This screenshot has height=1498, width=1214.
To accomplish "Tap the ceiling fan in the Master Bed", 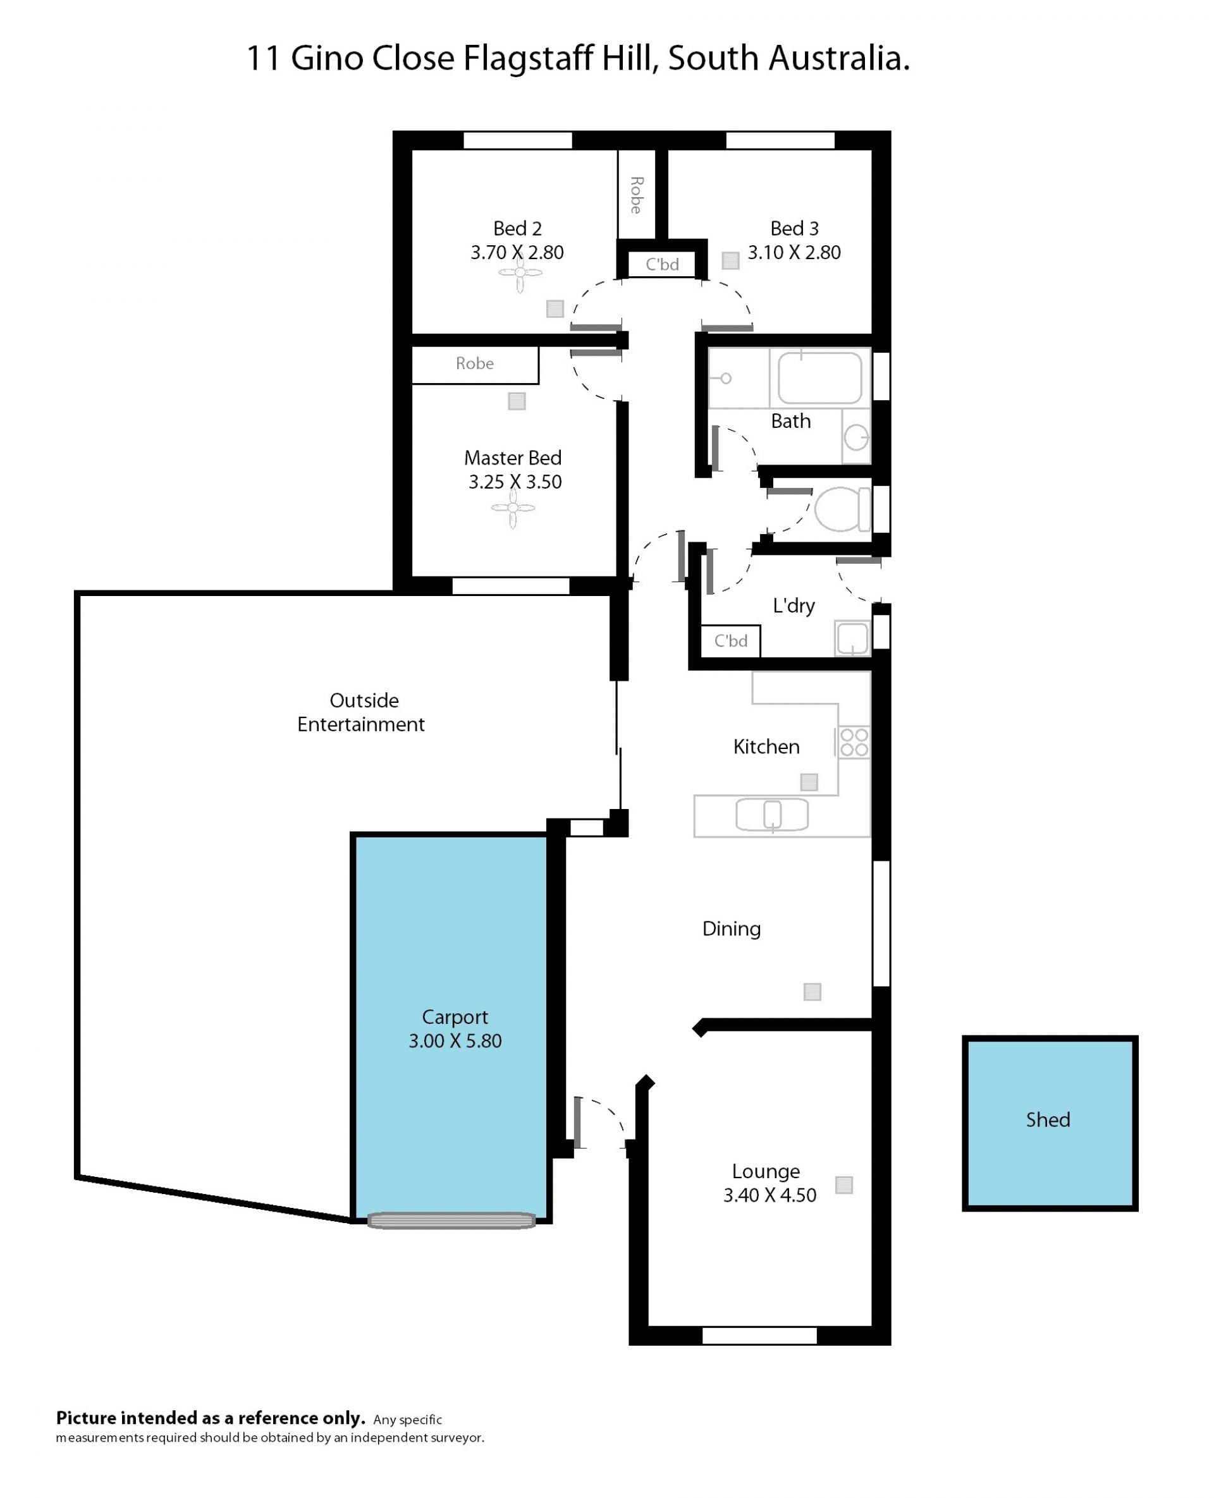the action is pyautogui.click(x=513, y=508).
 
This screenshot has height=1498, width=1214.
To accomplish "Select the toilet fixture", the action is pyautogui.click(x=843, y=509).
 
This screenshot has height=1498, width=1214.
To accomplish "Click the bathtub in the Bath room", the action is pyautogui.click(x=819, y=378).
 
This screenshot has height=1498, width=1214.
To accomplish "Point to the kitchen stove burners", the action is pyautogui.click(x=854, y=742).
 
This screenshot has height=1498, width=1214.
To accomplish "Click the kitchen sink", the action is pyautogui.click(x=772, y=814).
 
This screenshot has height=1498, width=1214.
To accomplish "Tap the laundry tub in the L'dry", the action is pyautogui.click(x=852, y=638).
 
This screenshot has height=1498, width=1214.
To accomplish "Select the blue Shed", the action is pyautogui.click(x=1050, y=1123).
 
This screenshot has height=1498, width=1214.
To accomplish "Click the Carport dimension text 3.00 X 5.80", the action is pyautogui.click(x=455, y=1041).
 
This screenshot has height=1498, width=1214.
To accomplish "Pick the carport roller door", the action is pyautogui.click(x=451, y=1221).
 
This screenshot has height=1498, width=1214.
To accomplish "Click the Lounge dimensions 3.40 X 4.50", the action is pyautogui.click(x=769, y=1195).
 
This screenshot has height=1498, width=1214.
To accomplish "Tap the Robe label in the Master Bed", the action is pyautogui.click(x=474, y=363).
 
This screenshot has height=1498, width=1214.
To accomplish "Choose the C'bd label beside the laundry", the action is pyautogui.click(x=730, y=641).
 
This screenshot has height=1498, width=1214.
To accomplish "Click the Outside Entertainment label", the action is pyautogui.click(x=361, y=712).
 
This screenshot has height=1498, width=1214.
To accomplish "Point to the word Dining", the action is pyautogui.click(x=731, y=929).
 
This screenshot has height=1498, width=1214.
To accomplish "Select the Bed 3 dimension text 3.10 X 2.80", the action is pyautogui.click(x=794, y=252).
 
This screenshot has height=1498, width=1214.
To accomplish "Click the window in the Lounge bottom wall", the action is pyautogui.click(x=759, y=1336).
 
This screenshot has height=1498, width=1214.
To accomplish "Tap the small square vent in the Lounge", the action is pyautogui.click(x=844, y=1185).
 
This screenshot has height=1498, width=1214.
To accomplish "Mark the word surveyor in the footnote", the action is pyautogui.click(x=459, y=1438).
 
